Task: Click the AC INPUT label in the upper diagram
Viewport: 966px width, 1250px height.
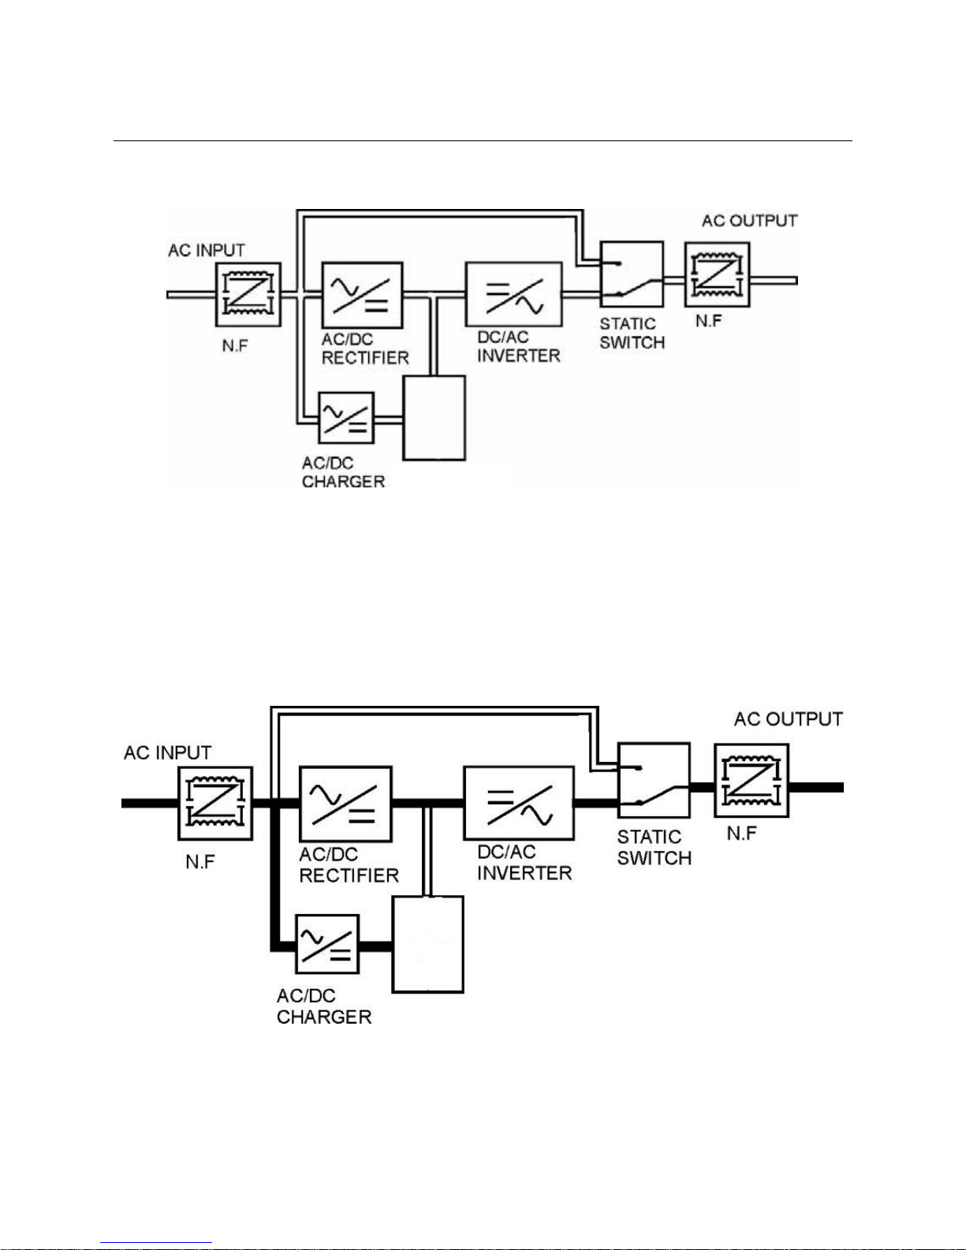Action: pos(207,250)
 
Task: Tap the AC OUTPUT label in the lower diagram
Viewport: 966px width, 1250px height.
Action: pos(788,719)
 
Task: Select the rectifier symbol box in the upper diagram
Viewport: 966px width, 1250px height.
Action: pos(362,295)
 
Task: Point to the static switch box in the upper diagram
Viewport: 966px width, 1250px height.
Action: pos(631,274)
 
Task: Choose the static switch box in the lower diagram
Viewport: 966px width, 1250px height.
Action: pos(653,779)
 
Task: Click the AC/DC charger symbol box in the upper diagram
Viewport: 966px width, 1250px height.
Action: pos(346,417)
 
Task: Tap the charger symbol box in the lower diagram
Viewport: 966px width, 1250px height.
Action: pos(327,944)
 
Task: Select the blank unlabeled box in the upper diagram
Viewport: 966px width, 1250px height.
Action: pos(434,417)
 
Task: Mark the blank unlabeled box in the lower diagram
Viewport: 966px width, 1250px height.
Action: pos(428,944)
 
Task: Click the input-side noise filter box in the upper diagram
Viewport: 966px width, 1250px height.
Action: pos(248,294)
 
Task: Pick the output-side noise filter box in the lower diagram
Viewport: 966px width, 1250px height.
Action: pos(752,780)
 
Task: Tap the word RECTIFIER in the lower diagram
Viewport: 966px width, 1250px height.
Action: pos(349,875)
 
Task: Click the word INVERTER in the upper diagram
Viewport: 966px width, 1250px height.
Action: pos(518,356)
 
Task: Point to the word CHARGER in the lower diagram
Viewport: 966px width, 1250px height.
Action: pos(324,1017)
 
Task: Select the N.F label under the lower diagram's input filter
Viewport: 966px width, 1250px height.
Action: pos(200,862)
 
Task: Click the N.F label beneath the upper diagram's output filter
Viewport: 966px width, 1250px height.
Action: pos(708,321)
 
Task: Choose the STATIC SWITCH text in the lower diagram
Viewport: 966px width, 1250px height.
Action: pos(654,848)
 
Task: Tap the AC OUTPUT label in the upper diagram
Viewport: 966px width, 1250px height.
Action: pos(749,221)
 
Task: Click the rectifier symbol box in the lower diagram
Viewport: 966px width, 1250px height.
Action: pos(345,803)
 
